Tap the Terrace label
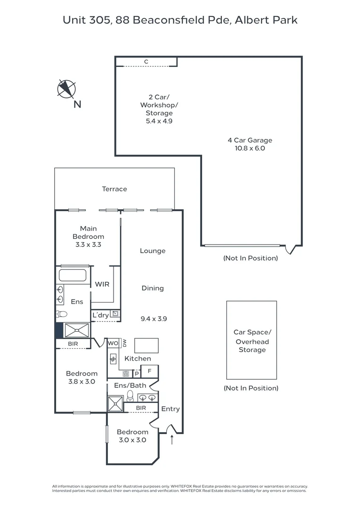tap(115, 189)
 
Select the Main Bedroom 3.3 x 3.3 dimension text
tap(88, 245)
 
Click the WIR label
tap(102, 284)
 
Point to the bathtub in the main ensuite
tap(73, 275)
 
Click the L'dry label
tap(100, 315)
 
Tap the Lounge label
tap(153, 251)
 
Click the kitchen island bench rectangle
tap(147, 345)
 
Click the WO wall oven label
tap(113, 343)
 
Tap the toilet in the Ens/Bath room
tap(131, 396)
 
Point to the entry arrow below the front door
tap(172, 440)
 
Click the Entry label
tap(170, 409)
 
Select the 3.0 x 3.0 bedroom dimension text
tap(132, 440)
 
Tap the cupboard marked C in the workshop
tap(146, 62)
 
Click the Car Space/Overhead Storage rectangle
tap(252, 340)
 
